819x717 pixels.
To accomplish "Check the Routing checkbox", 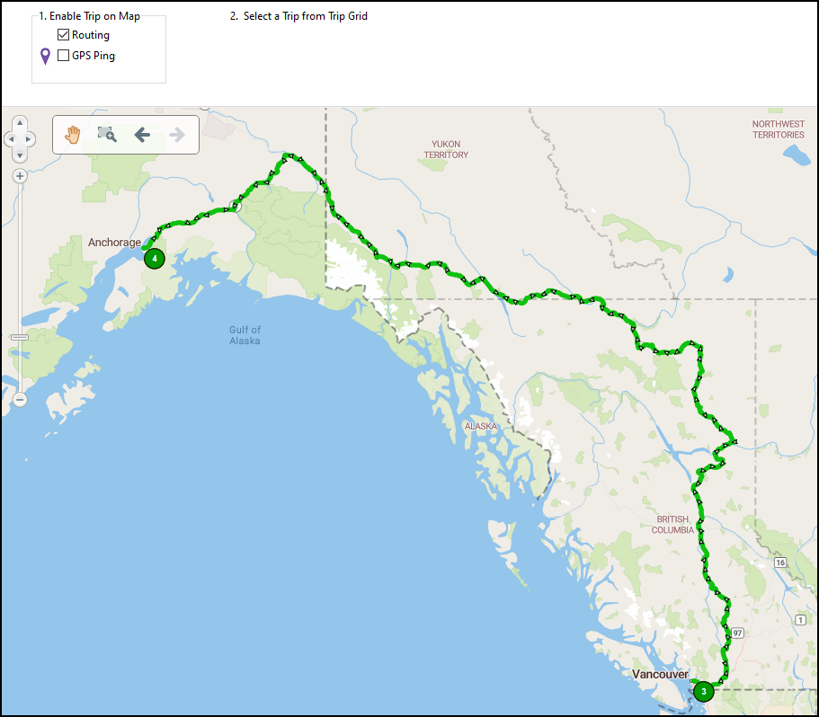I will coord(63,35).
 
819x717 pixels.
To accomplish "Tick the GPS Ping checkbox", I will coord(63,56).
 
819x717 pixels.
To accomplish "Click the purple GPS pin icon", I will coord(45,57).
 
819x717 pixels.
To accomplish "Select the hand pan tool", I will coord(73,135).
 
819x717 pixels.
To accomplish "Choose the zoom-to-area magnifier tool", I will coord(107,135).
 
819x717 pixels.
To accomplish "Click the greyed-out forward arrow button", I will coord(177,135).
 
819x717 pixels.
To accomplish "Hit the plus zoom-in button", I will coord(20,176).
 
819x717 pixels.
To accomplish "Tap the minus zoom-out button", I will coord(20,399).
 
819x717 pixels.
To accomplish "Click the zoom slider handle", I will coord(20,337).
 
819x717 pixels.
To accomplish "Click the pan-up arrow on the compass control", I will coord(20,127).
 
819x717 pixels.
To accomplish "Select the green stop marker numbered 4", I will coord(155,259).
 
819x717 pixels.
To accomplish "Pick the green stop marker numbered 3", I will coord(703,691).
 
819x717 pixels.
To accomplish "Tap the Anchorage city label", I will coord(114,243).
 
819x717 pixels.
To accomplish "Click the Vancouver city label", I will coord(660,674).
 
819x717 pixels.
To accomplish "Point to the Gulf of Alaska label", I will coord(245,335).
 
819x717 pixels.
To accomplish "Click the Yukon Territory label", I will coord(447,149).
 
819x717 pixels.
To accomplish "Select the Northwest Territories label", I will coord(779,129).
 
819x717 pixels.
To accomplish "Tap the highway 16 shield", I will coord(779,562).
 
